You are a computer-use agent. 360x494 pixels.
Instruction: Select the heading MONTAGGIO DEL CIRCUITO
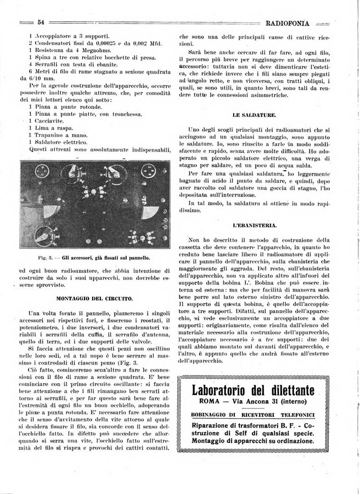(94, 298)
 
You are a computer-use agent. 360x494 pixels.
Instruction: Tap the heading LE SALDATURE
(254, 115)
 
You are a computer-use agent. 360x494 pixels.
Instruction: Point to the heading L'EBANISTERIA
(254, 226)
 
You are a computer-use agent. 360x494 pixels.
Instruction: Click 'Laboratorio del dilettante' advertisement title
(254, 391)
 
